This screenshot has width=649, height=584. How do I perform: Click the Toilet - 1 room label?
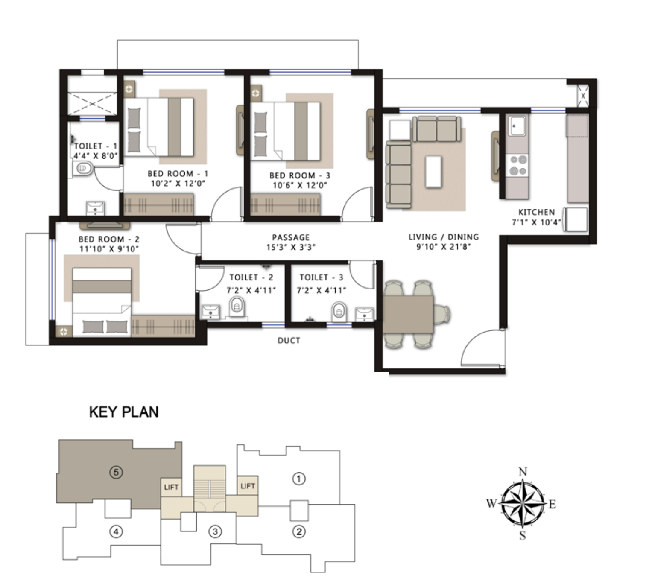96,146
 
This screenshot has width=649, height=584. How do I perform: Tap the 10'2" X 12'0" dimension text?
178,184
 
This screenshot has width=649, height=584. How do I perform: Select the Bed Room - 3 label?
300,176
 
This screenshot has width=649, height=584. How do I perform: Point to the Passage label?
291,237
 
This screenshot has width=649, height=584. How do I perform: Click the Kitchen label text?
537,212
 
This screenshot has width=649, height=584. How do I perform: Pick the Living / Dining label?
444,237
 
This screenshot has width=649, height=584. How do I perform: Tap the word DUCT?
289,340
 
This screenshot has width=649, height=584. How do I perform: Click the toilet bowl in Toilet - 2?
237,307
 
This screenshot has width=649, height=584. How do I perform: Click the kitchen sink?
517,126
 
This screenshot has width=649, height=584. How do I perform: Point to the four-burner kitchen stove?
517,165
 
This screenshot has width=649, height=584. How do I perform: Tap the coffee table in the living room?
433,172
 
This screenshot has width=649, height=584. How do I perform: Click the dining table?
408,314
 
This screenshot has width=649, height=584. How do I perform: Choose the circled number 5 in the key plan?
116,473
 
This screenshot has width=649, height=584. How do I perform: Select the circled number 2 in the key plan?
298,531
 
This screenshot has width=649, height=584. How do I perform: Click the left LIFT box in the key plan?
171,487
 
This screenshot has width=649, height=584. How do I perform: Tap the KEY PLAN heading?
124,412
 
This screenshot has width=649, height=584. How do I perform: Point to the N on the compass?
523,472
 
